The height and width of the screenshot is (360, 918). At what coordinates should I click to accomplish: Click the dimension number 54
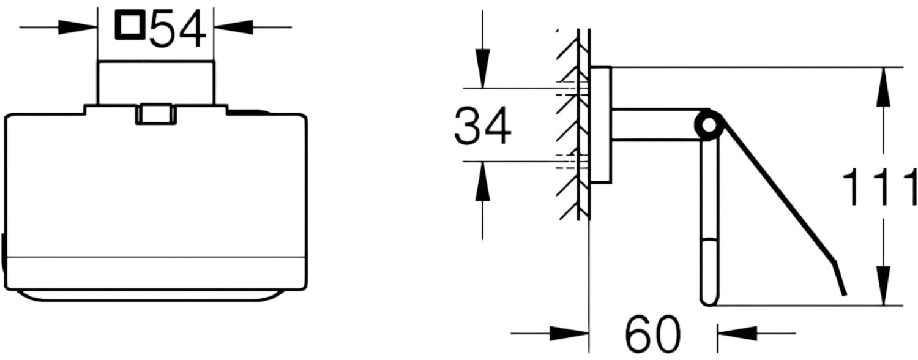point(177,29)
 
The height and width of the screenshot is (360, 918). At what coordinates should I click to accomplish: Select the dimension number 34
point(483,126)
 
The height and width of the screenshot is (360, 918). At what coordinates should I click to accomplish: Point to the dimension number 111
point(879,187)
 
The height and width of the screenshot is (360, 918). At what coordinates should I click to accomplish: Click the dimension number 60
point(653,334)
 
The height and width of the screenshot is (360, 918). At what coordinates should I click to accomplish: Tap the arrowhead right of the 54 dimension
point(234,28)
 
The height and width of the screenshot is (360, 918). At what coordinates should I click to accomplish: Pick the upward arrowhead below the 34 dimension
point(482,181)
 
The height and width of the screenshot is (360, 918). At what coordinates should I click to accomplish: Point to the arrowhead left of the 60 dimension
point(569,333)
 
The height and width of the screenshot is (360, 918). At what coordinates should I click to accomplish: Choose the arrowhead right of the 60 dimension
point(737,333)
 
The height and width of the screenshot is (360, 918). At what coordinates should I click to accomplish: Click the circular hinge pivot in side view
point(707,125)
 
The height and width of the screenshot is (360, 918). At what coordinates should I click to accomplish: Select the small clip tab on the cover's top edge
point(155,114)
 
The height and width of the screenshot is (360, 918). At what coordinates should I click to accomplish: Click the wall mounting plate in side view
point(600,124)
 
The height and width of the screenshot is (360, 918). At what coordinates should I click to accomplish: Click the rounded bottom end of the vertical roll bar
point(709,301)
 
